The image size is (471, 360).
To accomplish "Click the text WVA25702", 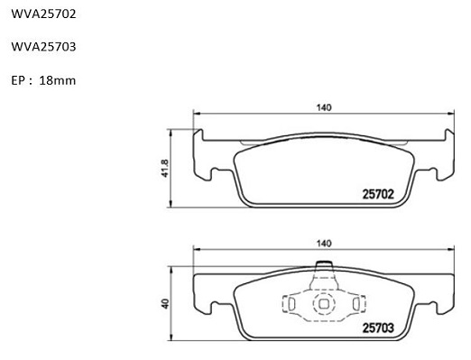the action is [43, 14].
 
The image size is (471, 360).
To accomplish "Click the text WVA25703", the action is [43, 47].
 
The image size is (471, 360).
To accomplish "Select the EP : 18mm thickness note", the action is [43, 80].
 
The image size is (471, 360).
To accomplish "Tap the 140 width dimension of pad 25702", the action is [324, 107].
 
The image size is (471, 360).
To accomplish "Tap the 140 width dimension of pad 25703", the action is [324, 244].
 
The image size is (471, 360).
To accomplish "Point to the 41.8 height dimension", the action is [165, 168].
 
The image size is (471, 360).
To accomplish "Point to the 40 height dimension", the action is [165, 304].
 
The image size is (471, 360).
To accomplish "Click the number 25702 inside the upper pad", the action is [378, 194].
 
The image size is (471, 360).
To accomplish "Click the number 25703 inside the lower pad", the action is [378, 328].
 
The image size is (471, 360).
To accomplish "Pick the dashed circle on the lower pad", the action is [313, 304].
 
